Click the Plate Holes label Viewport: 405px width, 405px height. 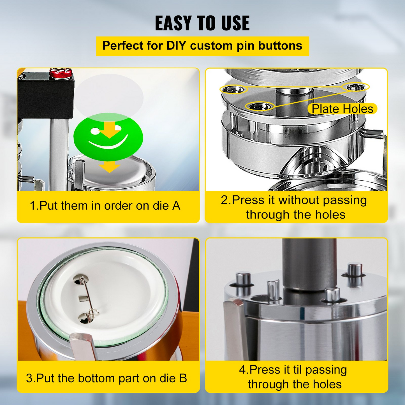point(342,109)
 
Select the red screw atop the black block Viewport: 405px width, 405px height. point(60,73)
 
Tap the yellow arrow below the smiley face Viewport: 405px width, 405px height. point(109,167)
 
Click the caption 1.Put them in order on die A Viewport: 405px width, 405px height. point(105,206)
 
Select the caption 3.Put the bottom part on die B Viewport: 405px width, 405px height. point(107,378)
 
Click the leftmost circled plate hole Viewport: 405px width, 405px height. point(233,89)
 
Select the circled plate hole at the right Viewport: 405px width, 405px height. point(355,87)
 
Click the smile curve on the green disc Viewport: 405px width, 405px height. point(108,144)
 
